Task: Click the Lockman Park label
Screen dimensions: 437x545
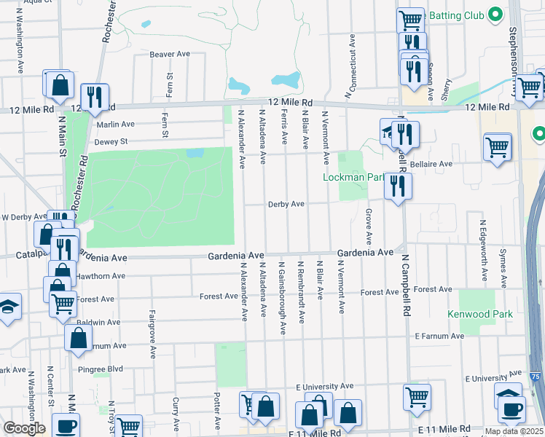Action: pos(353,177)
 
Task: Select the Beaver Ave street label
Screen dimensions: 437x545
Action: pos(169,55)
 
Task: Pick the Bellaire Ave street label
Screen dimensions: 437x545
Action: pos(431,164)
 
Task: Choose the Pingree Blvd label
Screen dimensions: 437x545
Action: pos(105,369)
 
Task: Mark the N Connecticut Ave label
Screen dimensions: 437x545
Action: pos(353,66)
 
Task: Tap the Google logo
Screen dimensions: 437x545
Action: pos(24,428)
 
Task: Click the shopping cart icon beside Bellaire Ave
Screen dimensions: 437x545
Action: pos(498,147)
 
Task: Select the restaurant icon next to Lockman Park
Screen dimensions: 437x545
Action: pos(398,186)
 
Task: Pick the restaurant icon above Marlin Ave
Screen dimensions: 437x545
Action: pos(94,96)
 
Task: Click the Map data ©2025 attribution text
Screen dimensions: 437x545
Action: pos(514,431)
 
